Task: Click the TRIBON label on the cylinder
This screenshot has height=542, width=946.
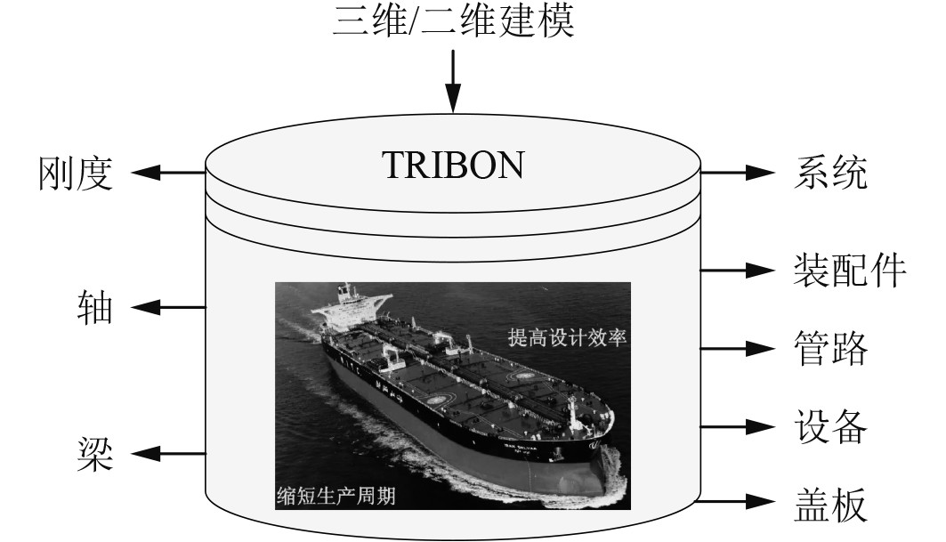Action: [453, 165]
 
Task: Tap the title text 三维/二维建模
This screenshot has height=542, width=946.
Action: [454, 21]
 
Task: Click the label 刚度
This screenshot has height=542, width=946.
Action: [77, 174]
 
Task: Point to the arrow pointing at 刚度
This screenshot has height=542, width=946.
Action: [169, 174]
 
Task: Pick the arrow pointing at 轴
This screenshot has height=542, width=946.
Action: [169, 309]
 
